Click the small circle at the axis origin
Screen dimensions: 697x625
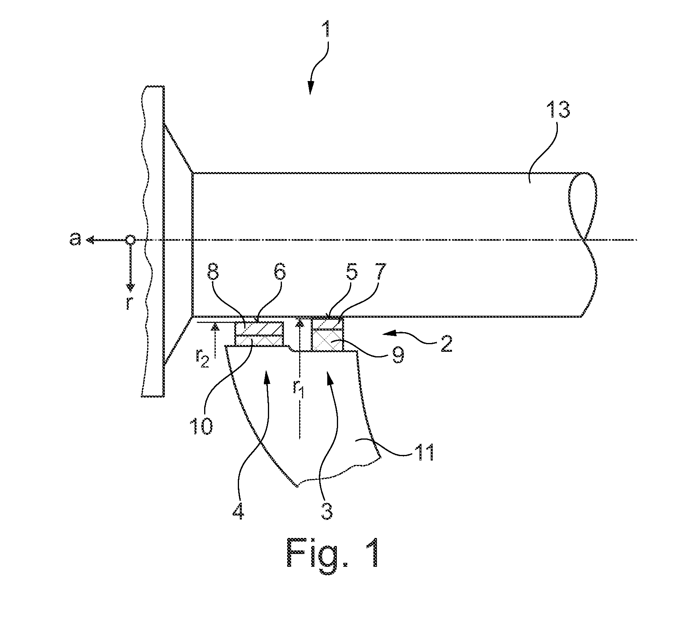coord(130,240)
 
